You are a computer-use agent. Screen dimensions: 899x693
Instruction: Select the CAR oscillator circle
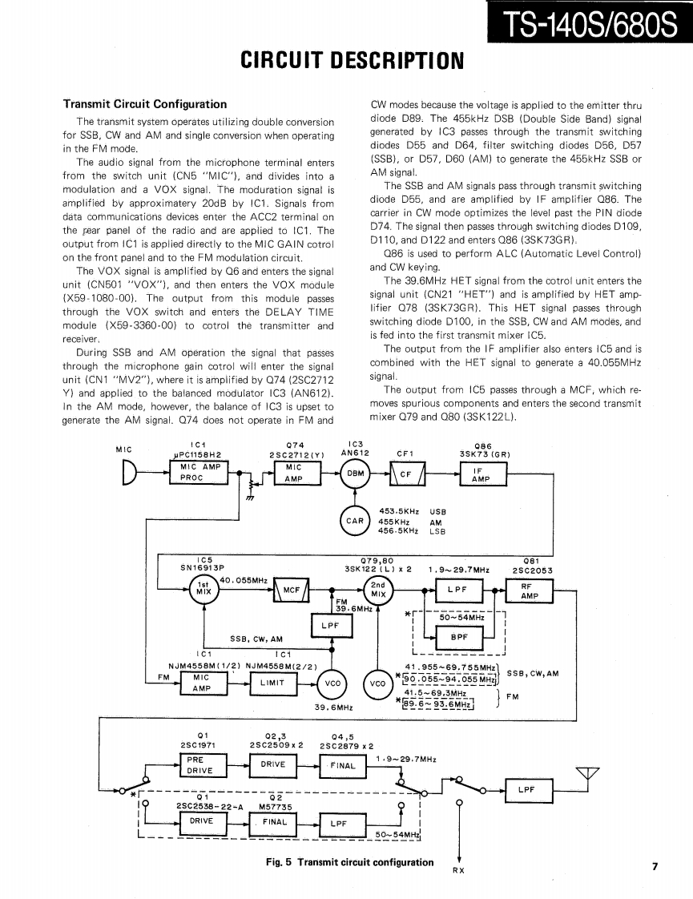point(353,520)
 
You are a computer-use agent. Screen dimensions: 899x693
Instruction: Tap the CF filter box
point(406,474)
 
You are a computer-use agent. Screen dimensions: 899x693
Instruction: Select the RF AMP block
point(526,591)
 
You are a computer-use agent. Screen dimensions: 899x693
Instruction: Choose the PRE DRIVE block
point(195,764)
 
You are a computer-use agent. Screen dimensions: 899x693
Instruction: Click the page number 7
point(655,865)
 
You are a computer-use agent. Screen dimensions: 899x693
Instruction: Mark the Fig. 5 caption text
point(349,862)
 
